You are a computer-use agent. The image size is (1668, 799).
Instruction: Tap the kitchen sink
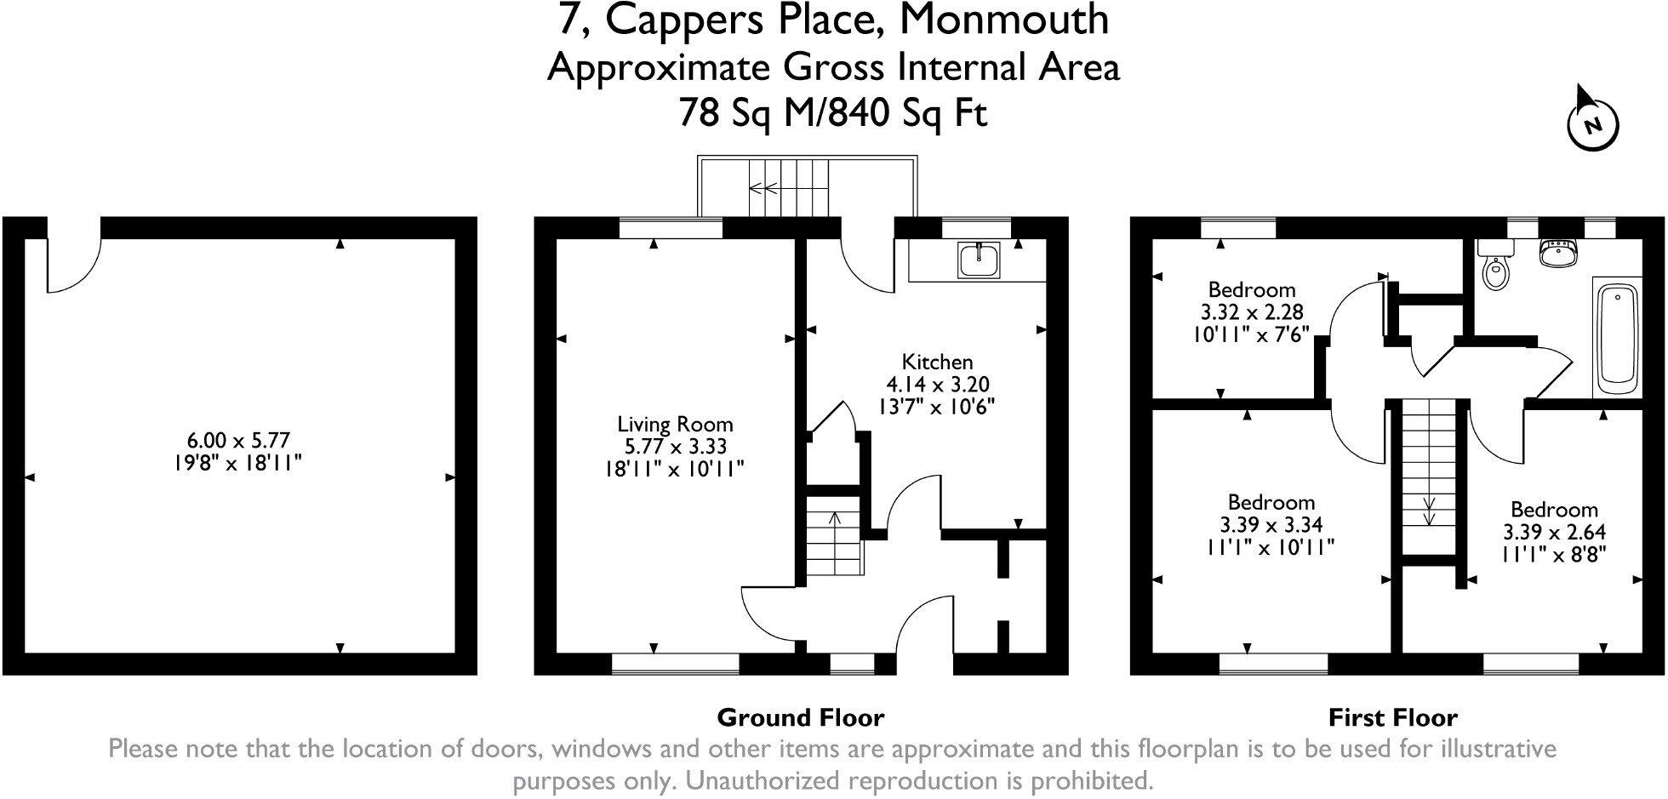(x=980, y=260)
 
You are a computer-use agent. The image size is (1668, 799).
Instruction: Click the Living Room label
(x=675, y=425)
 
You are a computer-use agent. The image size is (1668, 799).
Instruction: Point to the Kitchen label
(x=937, y=362)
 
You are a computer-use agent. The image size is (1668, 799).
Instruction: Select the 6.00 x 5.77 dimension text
(x=238, y=441)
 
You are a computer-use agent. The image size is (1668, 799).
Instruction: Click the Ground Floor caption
(x=800, y=717)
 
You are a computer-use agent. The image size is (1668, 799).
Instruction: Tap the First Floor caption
(x=1392, y=717)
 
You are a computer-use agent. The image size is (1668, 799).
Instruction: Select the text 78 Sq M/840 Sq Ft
(x=832, y=112)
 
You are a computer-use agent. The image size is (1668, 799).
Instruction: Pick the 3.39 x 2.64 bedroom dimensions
(x=1554, y=533)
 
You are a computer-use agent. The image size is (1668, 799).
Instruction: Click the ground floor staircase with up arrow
(x=834, y=536)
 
